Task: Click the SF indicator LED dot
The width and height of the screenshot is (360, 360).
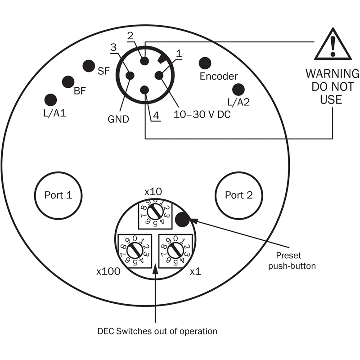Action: point(88,66)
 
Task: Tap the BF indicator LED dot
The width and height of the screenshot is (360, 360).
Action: point(68,82)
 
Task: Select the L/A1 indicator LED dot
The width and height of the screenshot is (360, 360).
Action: point(51,100)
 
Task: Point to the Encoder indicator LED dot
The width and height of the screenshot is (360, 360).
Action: point(205,63)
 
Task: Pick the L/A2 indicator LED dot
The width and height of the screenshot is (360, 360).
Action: point(238,90)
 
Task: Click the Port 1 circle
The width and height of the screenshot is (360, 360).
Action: point(58,195)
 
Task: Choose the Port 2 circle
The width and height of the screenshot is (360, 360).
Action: point(238,195)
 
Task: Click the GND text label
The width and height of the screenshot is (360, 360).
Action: point(118,119)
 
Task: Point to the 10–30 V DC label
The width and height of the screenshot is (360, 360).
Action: point(202,115)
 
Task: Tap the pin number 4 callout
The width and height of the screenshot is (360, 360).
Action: point(156,116)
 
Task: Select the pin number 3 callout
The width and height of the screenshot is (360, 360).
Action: point(113,47)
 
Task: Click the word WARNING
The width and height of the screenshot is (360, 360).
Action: point(333,73)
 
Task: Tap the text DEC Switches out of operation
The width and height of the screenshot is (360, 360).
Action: point(157,331)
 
